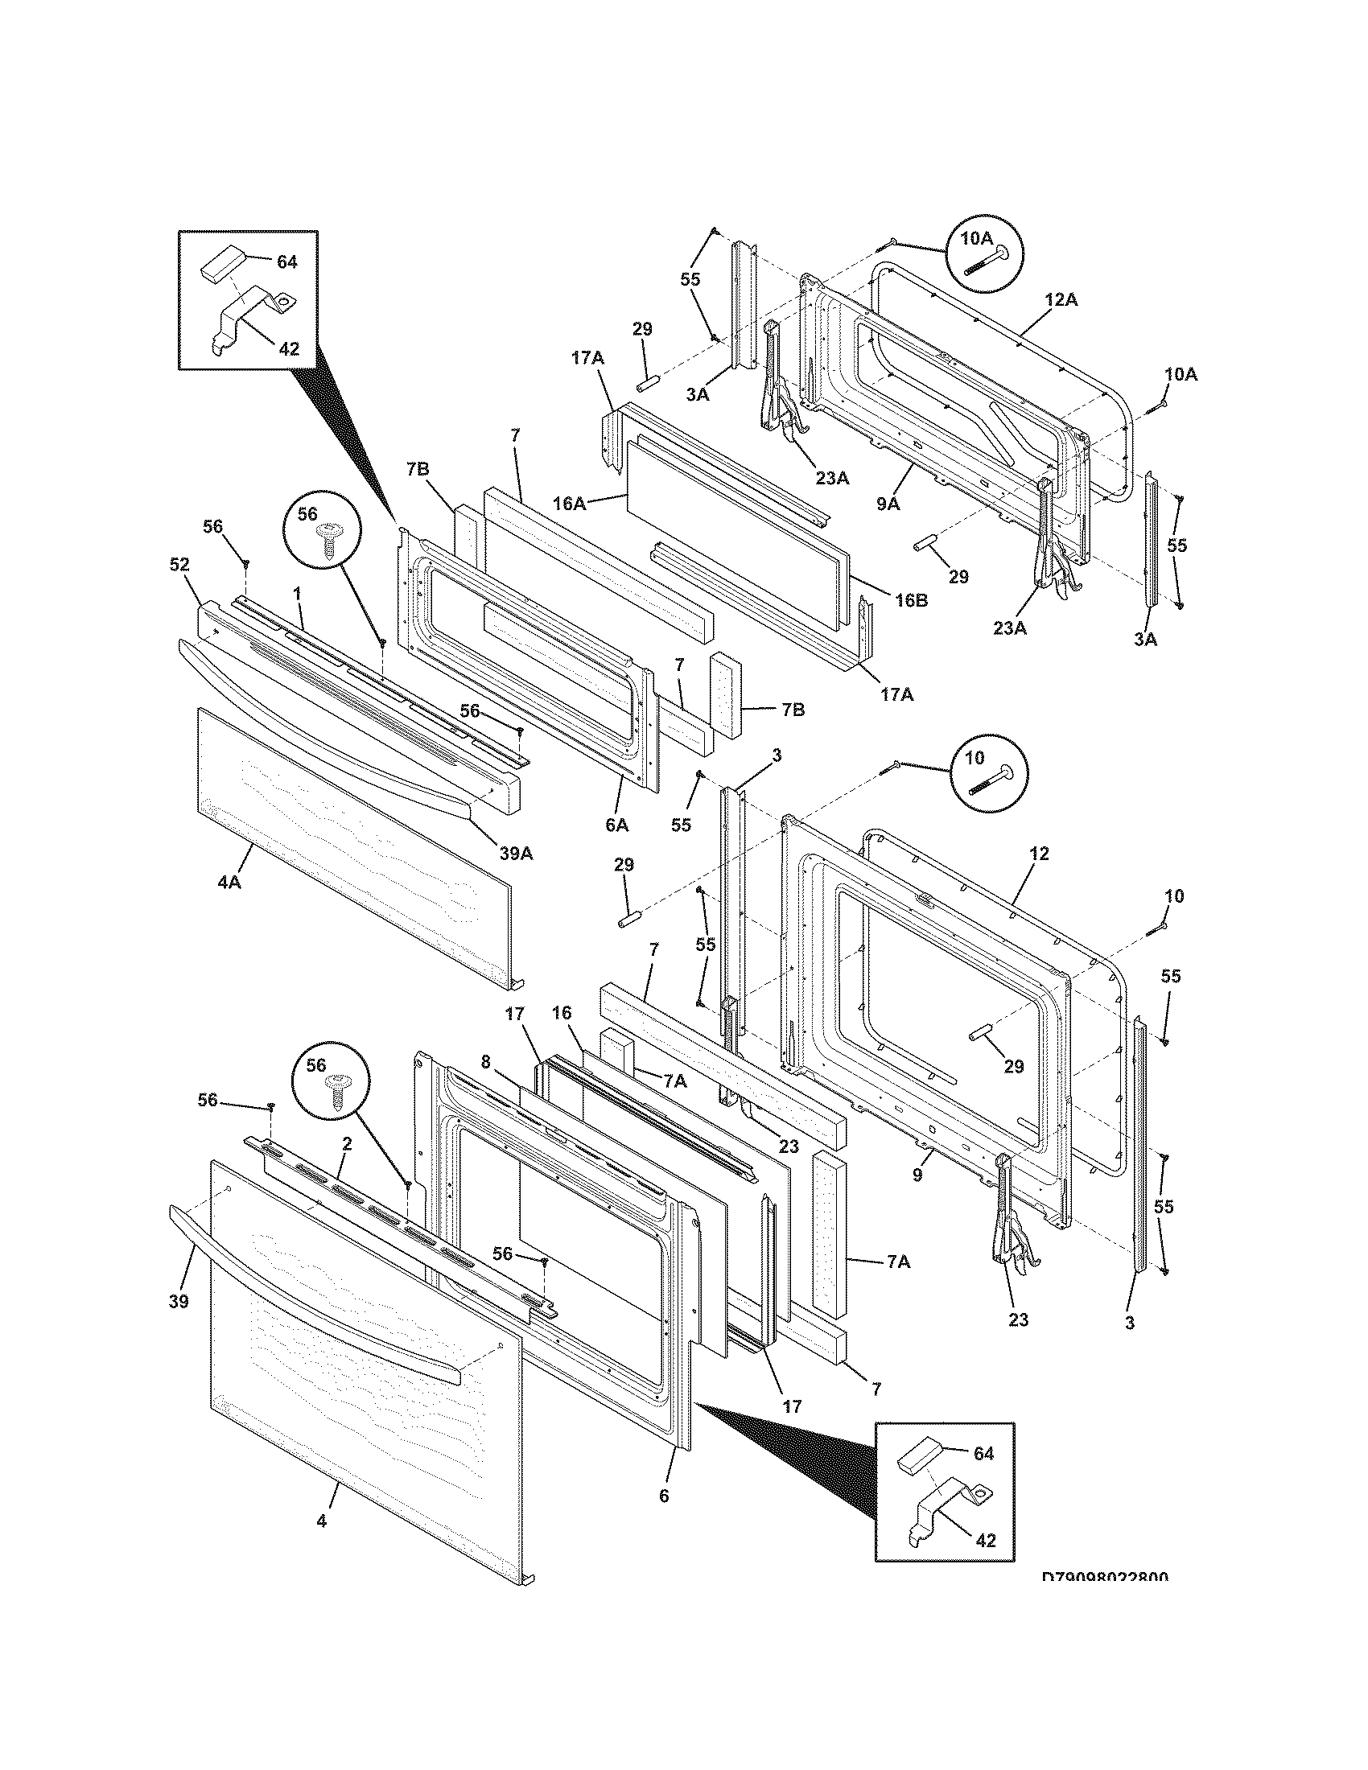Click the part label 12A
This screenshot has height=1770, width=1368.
click(x=1061, y=300)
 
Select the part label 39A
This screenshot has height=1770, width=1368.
click(x=516, y=854)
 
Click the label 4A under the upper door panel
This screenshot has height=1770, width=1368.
click(x=229, y=882)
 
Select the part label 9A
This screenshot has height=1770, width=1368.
click(x=888, y=504)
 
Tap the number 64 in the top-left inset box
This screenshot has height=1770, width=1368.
click(x=287, y=261)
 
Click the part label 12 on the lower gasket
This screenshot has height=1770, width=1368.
click(x=1040, y=853)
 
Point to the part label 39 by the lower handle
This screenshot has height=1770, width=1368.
click(x=179, y=1302)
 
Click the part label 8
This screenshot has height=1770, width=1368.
click(x=486, y=1063)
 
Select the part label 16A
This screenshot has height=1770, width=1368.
click(x=569, y=504)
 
